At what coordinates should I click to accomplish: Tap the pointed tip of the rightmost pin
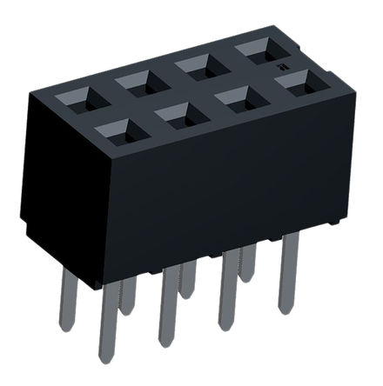pyautogui.click(x=284, y=309)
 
